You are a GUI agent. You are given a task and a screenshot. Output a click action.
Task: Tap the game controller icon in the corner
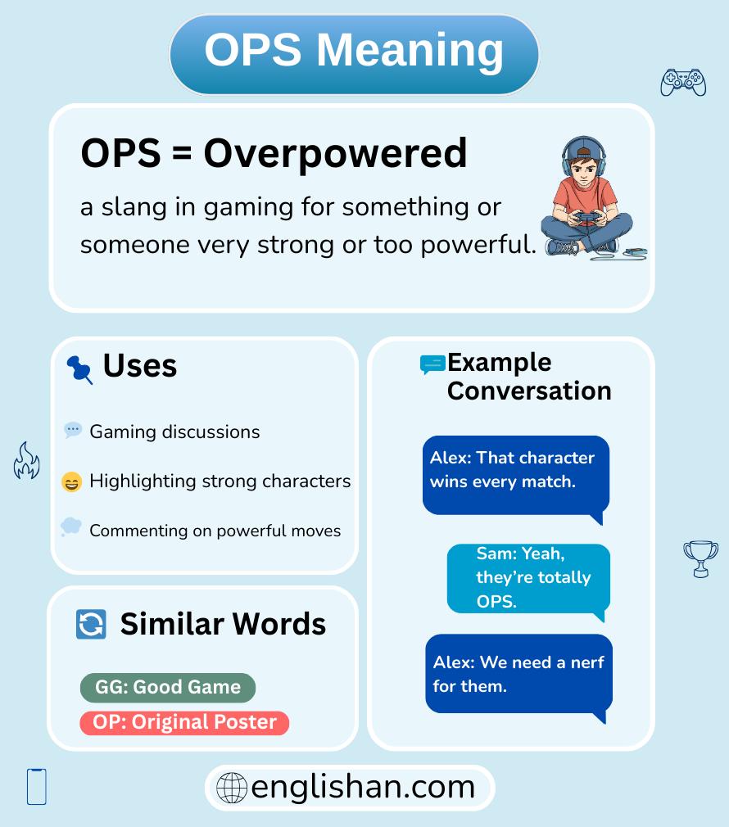pyautogui.click(x=683, y=82)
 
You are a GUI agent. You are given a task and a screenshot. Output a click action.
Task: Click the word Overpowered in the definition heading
pyautogui.click(x=335, y=153)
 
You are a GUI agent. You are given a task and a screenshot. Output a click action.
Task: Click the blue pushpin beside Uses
pyautogui.click(x=79, y=368)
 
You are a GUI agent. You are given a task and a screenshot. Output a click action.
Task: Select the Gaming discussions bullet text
pyautogui.click(x=174, y=432)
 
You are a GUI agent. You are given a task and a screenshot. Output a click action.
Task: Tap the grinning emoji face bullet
pyautogui.click(x=72, y=482)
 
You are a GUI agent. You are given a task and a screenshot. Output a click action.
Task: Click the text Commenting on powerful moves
pyautogui.click(x=215, y=531)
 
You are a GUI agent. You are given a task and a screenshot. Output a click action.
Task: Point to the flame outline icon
pyautogui.click(x=26, y=460)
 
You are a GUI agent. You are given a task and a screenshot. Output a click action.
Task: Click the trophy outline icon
pyautogui.click(x=700, y=558)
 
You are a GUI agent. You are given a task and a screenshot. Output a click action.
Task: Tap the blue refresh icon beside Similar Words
pyautogui.click(x=91, y=625)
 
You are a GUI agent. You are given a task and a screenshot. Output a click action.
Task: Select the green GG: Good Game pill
pyautogui.click(x=168, y=688)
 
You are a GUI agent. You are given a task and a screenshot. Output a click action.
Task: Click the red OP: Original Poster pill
pyautogui.click(x=184, y=723)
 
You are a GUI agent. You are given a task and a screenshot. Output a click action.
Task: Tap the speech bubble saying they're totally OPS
pyautogui.click(x=528, y=578)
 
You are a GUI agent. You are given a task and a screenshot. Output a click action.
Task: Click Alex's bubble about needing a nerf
pyautogui.click(x=518, y=673)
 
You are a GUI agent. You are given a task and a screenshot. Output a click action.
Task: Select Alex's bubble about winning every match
pyautogui.click(x=516, y=476)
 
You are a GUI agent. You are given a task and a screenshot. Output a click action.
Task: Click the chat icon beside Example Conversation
pyautogui.click(x=432, y=364)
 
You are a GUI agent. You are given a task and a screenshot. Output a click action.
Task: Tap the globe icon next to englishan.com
pyautogui.click(x=232, y=788)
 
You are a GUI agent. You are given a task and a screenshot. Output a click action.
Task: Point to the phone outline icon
pyautogui.click(x=37, y=786)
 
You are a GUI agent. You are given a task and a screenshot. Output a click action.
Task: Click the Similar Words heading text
pyautogui.click(x=223, y=625)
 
